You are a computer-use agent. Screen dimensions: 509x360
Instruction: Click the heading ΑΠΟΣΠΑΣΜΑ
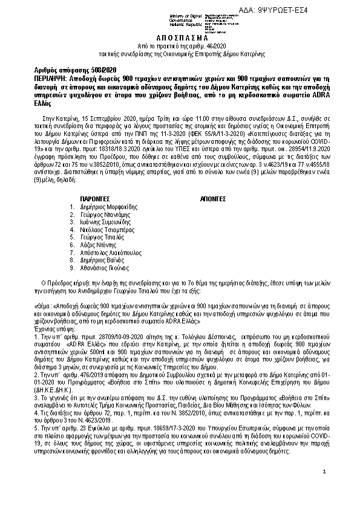180,37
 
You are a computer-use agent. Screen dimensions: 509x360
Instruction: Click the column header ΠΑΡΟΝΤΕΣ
94,198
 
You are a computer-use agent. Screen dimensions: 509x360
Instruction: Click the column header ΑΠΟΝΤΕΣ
212,198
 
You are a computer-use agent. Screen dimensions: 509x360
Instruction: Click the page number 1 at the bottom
324,471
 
